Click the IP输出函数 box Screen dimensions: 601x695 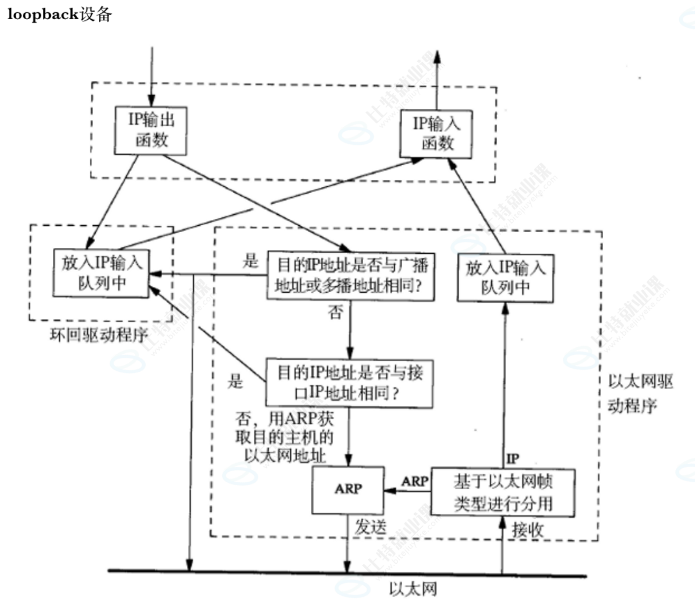(x=151, y=130)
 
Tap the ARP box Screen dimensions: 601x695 (x=348, y=489)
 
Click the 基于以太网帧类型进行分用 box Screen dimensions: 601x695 (x=503, y=492)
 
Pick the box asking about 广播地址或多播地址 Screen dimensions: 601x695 (x=350, y=276)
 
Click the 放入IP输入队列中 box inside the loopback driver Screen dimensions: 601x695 (x=101, y=272)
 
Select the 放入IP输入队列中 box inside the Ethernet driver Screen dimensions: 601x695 (x=505, y=277)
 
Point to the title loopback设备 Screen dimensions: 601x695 (x=59, y=14)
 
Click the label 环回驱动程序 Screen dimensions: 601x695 (x=99, y=336)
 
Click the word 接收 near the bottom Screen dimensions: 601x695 (x=528, y=529)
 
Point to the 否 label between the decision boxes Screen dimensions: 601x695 (x=335, y=313)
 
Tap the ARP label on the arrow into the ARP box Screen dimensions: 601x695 (x=414, y=481)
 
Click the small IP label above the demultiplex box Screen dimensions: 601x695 (x=513, y=459)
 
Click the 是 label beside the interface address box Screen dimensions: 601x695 (x=235, y=382)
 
